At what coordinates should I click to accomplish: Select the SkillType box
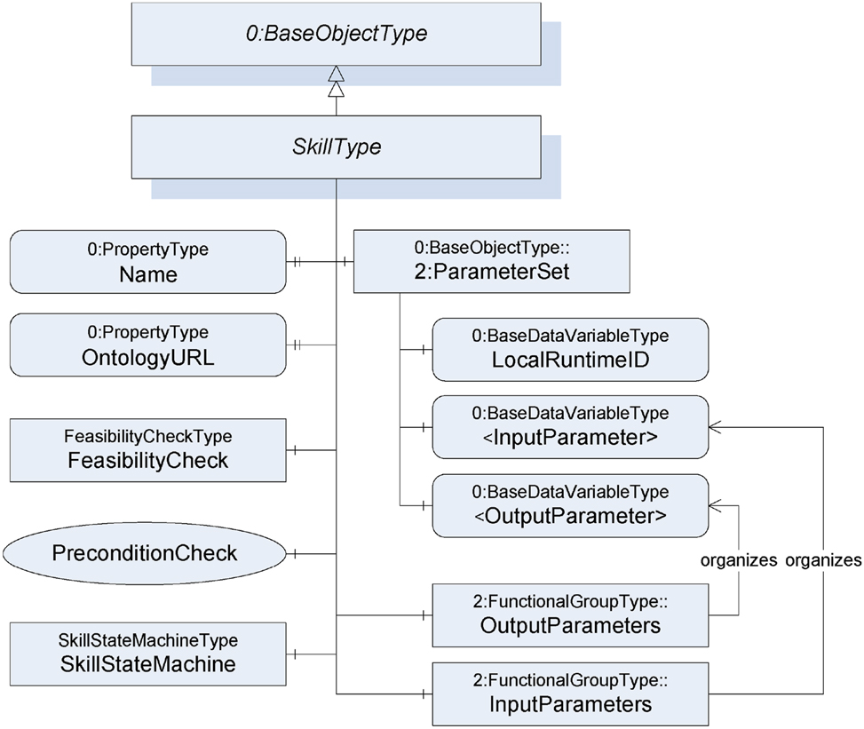336,147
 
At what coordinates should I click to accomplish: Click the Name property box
147,262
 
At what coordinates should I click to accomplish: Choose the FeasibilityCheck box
147,449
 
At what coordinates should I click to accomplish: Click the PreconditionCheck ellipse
145,553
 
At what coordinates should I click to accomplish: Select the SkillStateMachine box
147,653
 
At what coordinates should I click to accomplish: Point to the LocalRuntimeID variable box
569,350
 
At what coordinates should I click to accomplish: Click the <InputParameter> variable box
569,426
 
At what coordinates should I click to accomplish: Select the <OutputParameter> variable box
569,504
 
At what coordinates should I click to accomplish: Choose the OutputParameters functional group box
569,614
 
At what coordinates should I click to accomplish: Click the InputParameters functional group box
569,693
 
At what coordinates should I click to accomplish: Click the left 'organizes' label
740,560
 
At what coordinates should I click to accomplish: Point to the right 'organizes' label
822,560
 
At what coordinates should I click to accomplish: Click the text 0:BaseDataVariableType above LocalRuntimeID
569,336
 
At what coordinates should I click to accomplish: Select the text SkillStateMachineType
147,639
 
